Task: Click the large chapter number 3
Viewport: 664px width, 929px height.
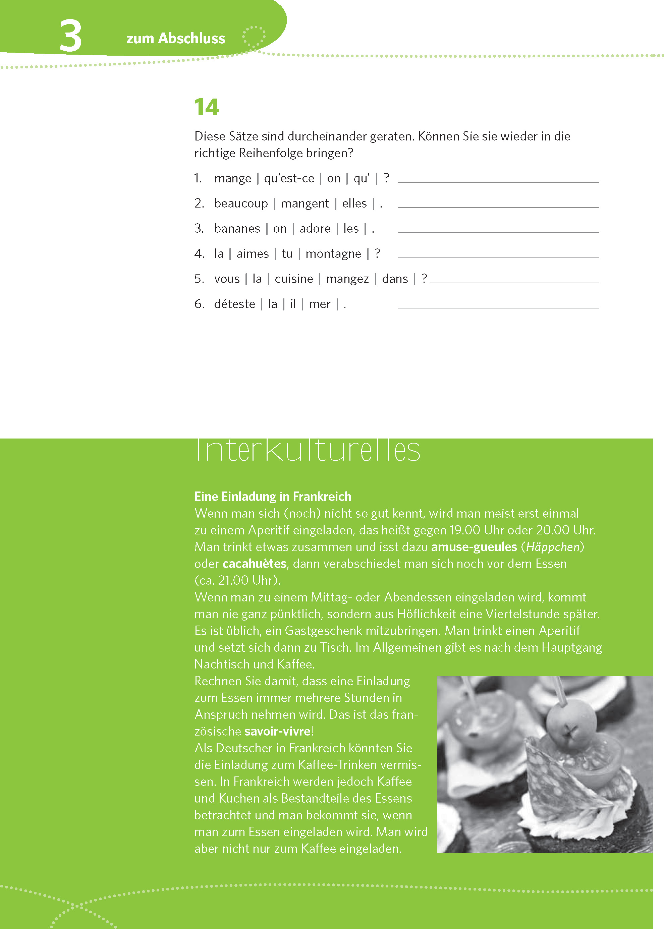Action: [70, 36]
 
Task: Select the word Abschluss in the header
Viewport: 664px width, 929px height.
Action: [191, 39]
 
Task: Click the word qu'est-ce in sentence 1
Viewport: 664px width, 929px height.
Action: [289, 178]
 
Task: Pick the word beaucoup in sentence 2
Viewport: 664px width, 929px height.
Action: [241, 204]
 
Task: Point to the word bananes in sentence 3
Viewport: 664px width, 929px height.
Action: [237, 228]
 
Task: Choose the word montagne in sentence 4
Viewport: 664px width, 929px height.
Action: [333, 254]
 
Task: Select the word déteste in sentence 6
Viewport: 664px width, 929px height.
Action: [234, 304]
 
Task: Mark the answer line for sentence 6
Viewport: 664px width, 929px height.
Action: [498, 307]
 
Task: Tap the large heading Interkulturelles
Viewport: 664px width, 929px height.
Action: [308, 451]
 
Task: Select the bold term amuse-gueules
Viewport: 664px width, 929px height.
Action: [474, 547]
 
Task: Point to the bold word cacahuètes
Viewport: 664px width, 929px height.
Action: [254, 564]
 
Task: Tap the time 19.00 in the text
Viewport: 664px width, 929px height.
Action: [464, 530]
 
